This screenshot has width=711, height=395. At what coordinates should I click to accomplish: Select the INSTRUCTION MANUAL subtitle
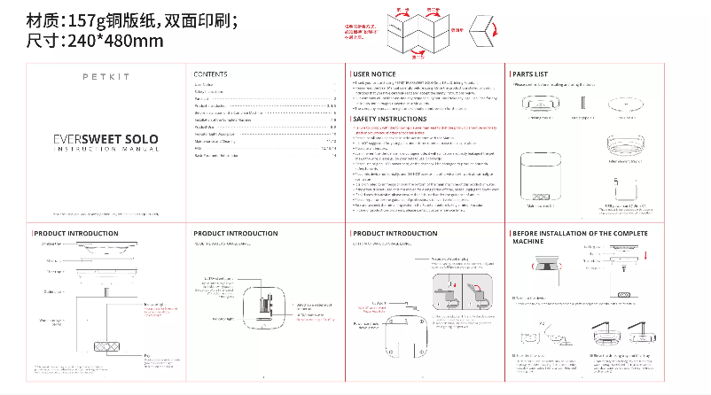(105, 150)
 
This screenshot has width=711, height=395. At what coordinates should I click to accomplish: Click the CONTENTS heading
(210, 74)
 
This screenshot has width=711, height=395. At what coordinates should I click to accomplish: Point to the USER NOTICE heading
(374, 74)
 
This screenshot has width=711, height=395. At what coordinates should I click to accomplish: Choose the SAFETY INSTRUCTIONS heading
(390, 119)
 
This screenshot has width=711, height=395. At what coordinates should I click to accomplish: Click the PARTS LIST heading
(530, 74)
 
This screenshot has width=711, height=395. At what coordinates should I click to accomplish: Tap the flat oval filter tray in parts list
(628, 105)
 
